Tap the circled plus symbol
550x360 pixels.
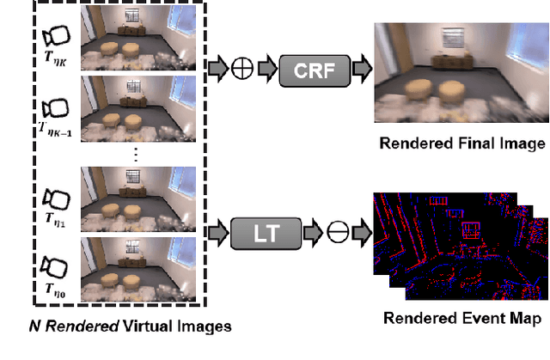[242, 66]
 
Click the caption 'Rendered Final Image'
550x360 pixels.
[462, 143]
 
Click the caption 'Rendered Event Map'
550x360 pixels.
[462, 319]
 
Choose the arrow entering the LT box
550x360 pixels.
[217, 231]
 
